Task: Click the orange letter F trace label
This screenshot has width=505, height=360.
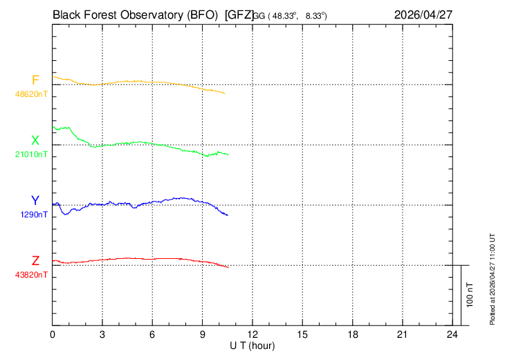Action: pos(35,80)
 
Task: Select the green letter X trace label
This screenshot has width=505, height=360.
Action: pos(35,141)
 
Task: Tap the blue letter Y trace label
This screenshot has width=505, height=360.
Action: pos(35,201)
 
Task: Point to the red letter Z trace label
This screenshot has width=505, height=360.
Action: pos(35,261)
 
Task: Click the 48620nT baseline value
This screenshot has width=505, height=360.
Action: pos(32,93)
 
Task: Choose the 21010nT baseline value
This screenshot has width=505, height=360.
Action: pos(32,154)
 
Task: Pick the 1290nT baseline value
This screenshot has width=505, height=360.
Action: pos(35,215)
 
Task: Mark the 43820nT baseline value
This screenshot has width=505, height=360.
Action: pos(32,275)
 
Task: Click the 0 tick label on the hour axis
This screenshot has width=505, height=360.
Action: pos(53,335)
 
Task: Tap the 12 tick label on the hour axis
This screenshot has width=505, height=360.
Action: pos(252,335)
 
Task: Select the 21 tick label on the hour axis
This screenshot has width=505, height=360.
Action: pos(402,335)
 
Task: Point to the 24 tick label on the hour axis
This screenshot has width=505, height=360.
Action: pos(452,335)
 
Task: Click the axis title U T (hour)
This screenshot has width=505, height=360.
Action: pos(254,345)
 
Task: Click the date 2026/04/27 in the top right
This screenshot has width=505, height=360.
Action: pos(424,14)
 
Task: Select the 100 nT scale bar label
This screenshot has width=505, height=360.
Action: pos(470,295)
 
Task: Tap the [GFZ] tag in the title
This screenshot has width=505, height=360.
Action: pos(239,14)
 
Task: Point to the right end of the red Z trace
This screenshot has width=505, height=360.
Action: pos(228,267)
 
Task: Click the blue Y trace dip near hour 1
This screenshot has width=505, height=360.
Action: pos(66,214)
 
